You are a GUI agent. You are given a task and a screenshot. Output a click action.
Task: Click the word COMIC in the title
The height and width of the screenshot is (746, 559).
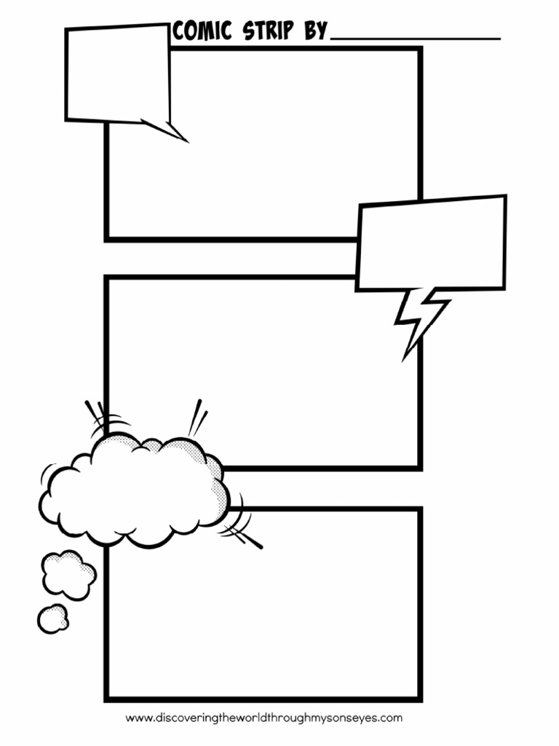202,31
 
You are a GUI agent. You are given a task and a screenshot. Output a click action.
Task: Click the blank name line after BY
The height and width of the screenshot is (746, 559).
416,36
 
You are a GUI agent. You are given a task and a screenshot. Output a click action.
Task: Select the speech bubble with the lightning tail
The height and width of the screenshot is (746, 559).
431,243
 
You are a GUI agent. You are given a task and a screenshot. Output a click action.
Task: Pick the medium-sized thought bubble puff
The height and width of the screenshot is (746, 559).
68,575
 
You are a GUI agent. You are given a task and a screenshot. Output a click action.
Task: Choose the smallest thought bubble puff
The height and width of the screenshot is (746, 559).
52,619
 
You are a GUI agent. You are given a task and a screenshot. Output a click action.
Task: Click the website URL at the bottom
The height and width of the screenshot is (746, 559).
263,718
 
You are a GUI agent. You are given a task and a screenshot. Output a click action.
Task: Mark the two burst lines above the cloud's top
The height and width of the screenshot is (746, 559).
197,417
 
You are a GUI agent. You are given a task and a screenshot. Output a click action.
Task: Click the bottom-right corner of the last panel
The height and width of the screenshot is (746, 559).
419,699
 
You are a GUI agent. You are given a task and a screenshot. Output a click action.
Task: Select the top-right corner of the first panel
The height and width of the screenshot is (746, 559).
419,50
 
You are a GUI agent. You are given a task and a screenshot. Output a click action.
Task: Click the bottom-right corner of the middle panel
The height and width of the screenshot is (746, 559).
419,467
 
